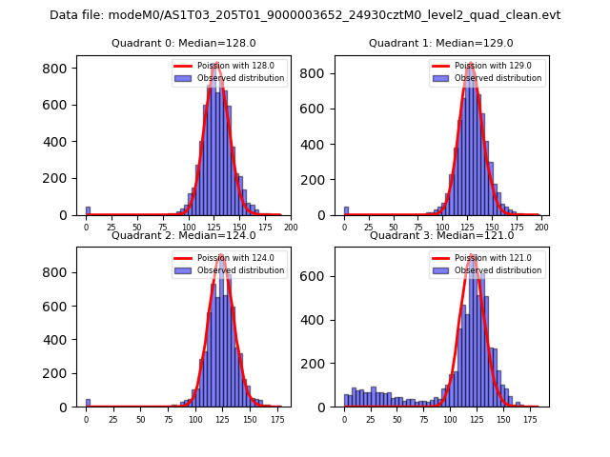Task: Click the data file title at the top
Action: [305, 15]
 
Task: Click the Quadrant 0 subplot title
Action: [183, 43]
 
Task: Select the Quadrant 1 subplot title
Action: [441, 43]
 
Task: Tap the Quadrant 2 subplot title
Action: [183, 235]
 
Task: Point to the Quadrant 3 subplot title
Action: [441, 235]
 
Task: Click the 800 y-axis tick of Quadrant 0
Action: [58, 70]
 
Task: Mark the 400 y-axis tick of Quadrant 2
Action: [58, 340]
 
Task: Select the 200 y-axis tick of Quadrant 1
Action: [316, 179]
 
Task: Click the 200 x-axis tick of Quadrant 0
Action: [291, 228]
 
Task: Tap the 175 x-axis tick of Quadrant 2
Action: [277, 419]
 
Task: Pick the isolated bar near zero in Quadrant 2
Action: [88, 403]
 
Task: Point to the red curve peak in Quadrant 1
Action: [470, 65]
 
